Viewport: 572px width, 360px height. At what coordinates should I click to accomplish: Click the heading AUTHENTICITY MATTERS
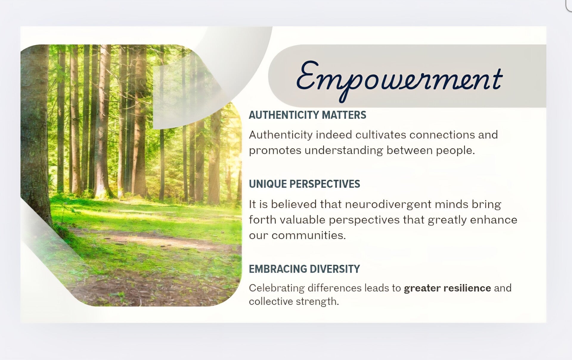[307, 115]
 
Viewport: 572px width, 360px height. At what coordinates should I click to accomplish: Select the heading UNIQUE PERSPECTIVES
[304, 184]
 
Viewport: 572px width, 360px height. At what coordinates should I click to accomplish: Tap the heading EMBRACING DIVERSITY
[304, 269]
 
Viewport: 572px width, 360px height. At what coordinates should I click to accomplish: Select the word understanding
[343, 150]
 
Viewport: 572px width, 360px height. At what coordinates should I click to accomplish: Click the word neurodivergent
[388, 205]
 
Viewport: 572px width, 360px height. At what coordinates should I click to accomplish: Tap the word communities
[309, 236]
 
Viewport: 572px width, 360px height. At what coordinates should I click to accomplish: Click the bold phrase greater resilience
[447, 288]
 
